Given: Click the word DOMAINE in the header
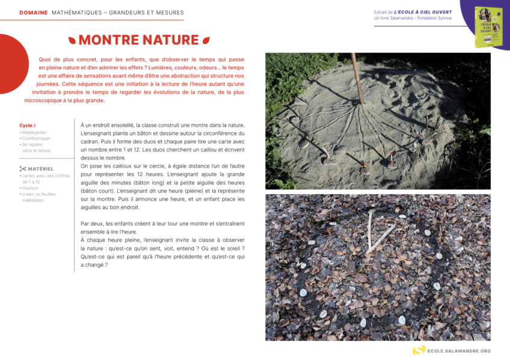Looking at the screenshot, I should click(x=34, y=13).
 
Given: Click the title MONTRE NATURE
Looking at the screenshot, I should click(x=138, y=40).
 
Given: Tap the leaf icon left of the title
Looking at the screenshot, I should click(x=72, y=40).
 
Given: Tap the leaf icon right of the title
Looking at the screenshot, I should click(x=206, y=40).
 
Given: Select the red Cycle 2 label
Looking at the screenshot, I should click(x=27, y=126).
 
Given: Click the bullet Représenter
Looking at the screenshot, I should click(x=34, y=132).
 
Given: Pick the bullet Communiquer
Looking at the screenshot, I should click(x=36, y=138).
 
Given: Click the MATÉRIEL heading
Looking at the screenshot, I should click(x=41, y=169).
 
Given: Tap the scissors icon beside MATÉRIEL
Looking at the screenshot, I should click(x=23, y=169).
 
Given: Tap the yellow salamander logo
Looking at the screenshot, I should click(x=419, y=350).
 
